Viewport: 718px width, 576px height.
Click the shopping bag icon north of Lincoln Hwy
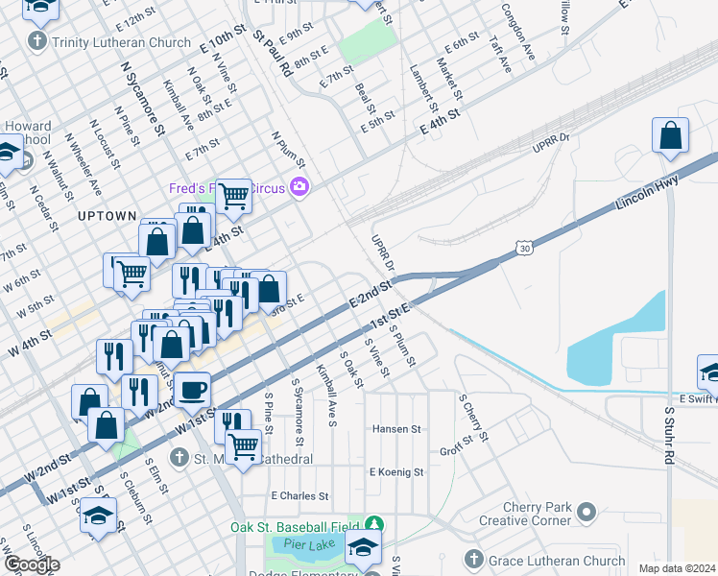[670, 136]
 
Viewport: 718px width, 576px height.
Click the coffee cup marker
[192, 390]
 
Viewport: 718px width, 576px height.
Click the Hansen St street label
[397, 429]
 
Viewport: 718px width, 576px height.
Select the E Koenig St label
[396, 472]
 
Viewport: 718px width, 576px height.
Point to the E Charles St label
[300, 496]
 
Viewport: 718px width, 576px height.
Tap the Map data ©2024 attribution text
[676, 568]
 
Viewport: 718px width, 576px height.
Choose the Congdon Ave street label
[517, 36]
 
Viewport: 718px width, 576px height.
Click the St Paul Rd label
[272, 53]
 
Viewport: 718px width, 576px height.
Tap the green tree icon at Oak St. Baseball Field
[373, 525]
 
